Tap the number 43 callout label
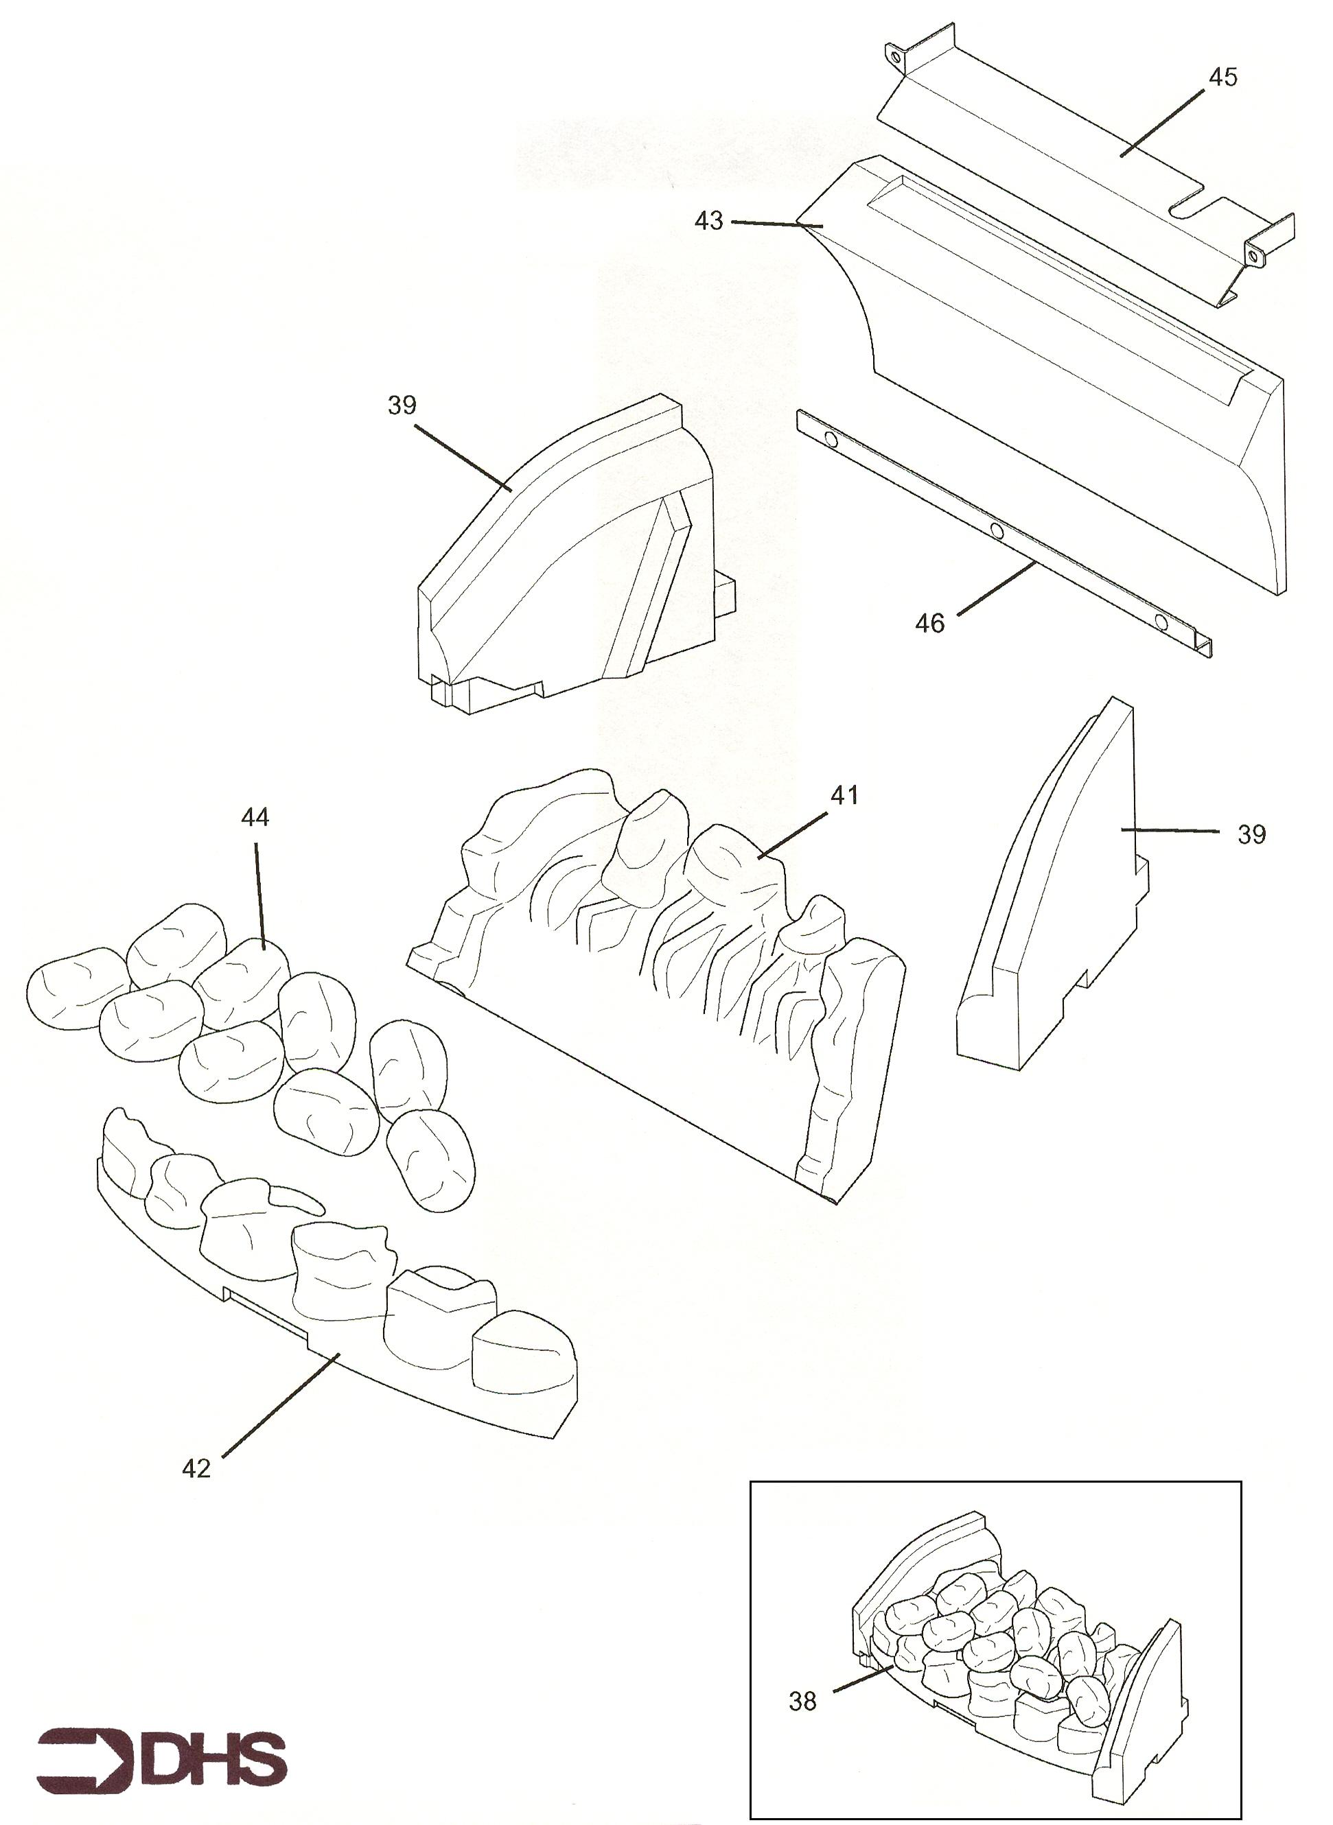[708, 221]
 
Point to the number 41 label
[844, 795]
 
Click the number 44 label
[255, 817]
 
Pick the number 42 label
[196, 1468]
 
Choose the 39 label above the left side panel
[402, 405]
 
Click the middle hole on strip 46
[997, 530]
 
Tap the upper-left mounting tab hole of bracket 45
[895, 56]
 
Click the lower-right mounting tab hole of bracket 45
[1253, 257]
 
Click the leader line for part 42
[280, 1405]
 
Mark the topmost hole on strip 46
[829, 440]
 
